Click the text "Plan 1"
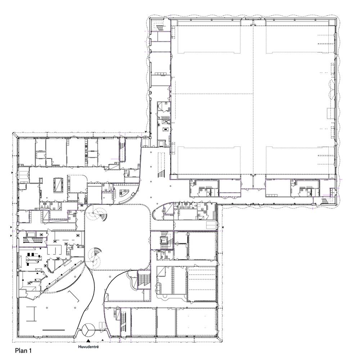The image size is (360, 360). click(23, 351)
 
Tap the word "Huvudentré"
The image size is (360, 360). click(89, 347)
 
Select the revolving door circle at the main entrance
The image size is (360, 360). click(89, 329)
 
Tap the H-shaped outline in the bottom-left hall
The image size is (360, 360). click(31, 314)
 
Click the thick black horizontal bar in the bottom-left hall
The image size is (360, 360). click(54, 330)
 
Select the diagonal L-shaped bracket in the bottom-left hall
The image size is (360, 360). click(74, 296)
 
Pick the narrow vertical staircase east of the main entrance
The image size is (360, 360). click(123, 322)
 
